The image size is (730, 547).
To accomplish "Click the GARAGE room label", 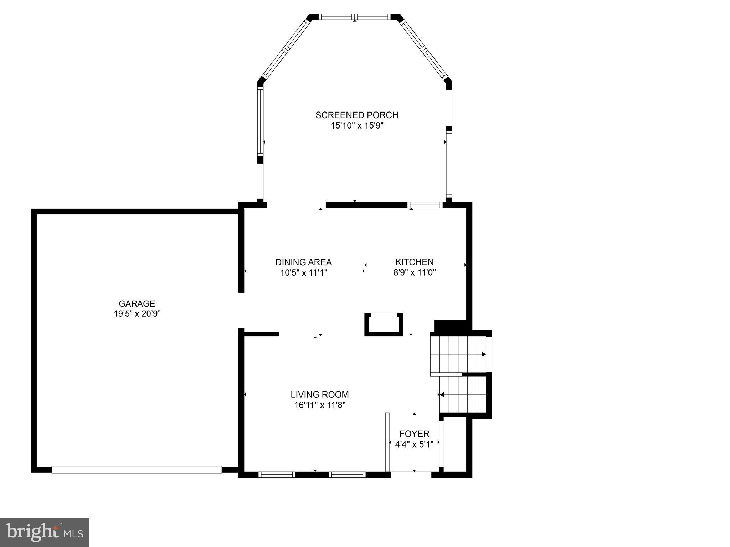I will [137, 303].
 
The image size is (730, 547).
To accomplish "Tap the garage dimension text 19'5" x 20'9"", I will [137, 314].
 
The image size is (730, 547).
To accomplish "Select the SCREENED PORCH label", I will [356, 115].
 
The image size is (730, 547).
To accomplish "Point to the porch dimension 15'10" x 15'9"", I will [356, 125].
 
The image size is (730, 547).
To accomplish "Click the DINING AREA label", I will [303, 262].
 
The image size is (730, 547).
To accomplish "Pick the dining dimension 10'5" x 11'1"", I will [303, 273].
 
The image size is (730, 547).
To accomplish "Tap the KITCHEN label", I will [414, 262].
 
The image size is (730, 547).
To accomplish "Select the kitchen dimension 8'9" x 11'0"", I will [414, 273].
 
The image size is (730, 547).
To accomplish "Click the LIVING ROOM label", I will [319, 395].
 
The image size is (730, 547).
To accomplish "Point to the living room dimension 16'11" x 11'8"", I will [319, 405].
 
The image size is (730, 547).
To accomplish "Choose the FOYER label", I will [414, 434].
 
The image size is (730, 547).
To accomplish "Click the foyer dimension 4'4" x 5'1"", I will [414, 444].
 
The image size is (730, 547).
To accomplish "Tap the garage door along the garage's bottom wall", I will [137, 470].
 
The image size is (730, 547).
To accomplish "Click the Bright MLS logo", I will [45, 532].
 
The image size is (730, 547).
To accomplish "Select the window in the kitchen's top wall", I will [425, 205].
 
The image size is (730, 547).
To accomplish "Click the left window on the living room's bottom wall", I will [277, 474].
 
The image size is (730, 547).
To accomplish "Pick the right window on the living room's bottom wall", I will [347, 474].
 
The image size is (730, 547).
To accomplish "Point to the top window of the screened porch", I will [355, 17].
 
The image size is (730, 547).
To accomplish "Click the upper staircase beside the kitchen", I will [458, 354].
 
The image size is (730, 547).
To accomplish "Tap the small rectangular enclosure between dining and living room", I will [384, 324].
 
